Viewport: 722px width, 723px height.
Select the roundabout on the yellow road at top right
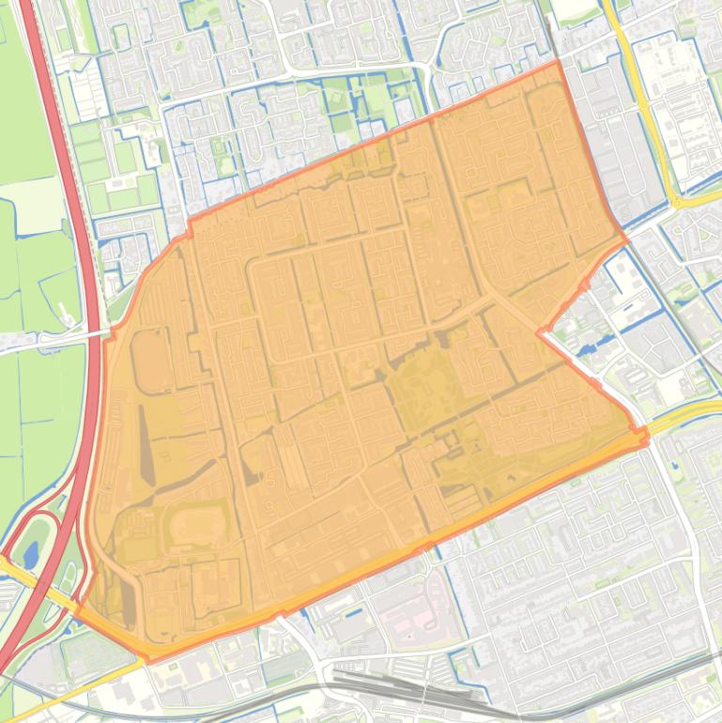(678, 200)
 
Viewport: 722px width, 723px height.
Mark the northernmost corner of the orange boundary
(558, 62)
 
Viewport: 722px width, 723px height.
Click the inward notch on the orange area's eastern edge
(541, 331)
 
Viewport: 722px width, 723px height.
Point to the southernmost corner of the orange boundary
(148, 660)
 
